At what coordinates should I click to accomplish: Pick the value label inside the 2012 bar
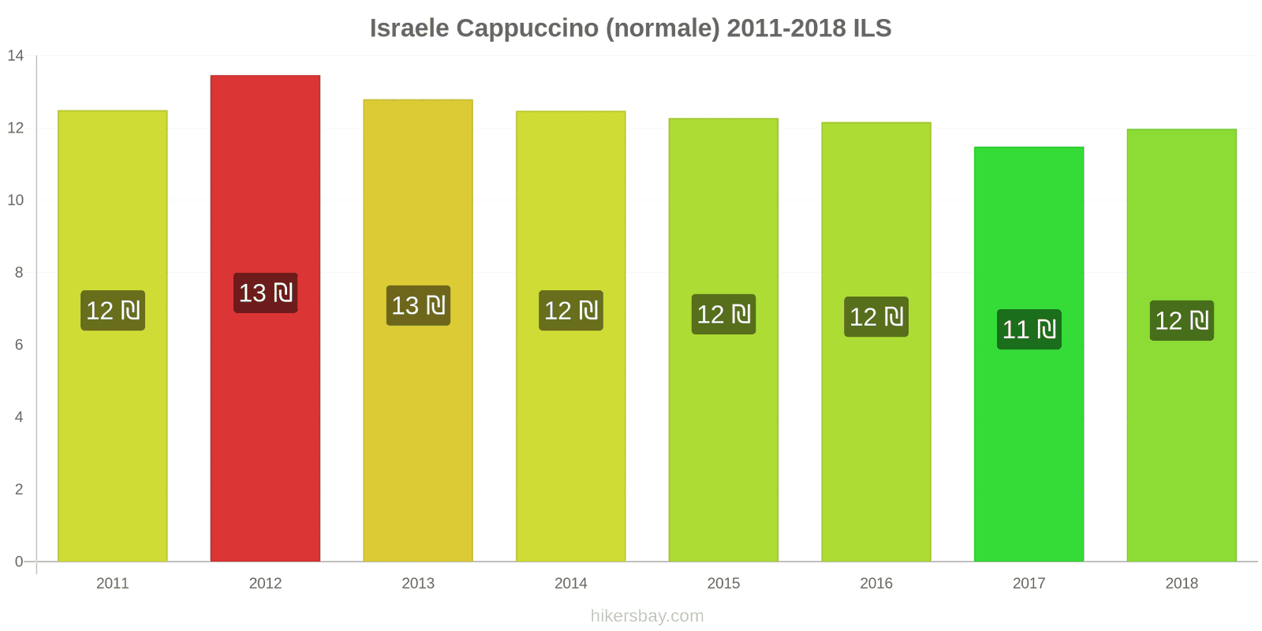(x=265, y=293)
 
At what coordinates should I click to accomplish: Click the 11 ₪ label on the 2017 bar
(x=1029, y=330)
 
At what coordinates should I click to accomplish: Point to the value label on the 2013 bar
(x=418, y=305)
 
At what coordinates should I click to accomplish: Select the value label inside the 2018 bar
(x=1182, y=320)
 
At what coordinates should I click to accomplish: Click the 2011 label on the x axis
(x=112, y=583)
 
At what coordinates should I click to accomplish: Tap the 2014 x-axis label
(x=570, y=583)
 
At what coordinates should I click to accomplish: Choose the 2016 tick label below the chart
(x=876, y=583)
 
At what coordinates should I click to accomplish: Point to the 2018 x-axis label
(x=1182, y=583)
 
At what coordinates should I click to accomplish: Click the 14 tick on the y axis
(x=16, y=56)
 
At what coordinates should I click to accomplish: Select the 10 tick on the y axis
(x=16, y=200)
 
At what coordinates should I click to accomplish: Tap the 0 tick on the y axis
(x=19, y=562)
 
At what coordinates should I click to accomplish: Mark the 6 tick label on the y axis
(x=19, y=345)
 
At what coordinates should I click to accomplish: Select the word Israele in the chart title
(x=409, y=28)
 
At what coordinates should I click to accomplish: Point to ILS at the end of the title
(x=872, y=28)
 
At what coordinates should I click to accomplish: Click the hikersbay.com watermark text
(x=647, y=616)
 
